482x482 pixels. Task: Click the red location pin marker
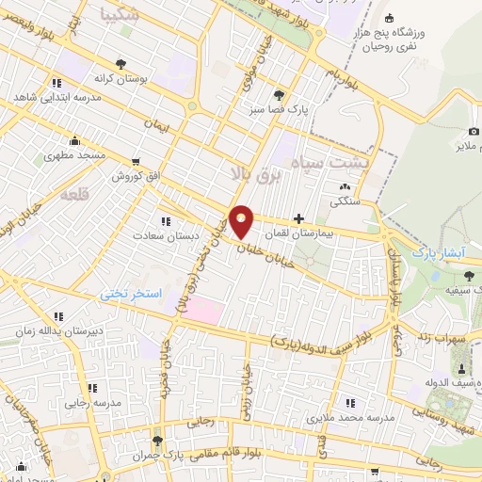pos(242,222)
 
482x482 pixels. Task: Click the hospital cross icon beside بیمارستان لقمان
pos(298,218)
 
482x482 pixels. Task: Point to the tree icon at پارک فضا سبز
pos(279,95)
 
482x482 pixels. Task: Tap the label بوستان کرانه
pos(117,78)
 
